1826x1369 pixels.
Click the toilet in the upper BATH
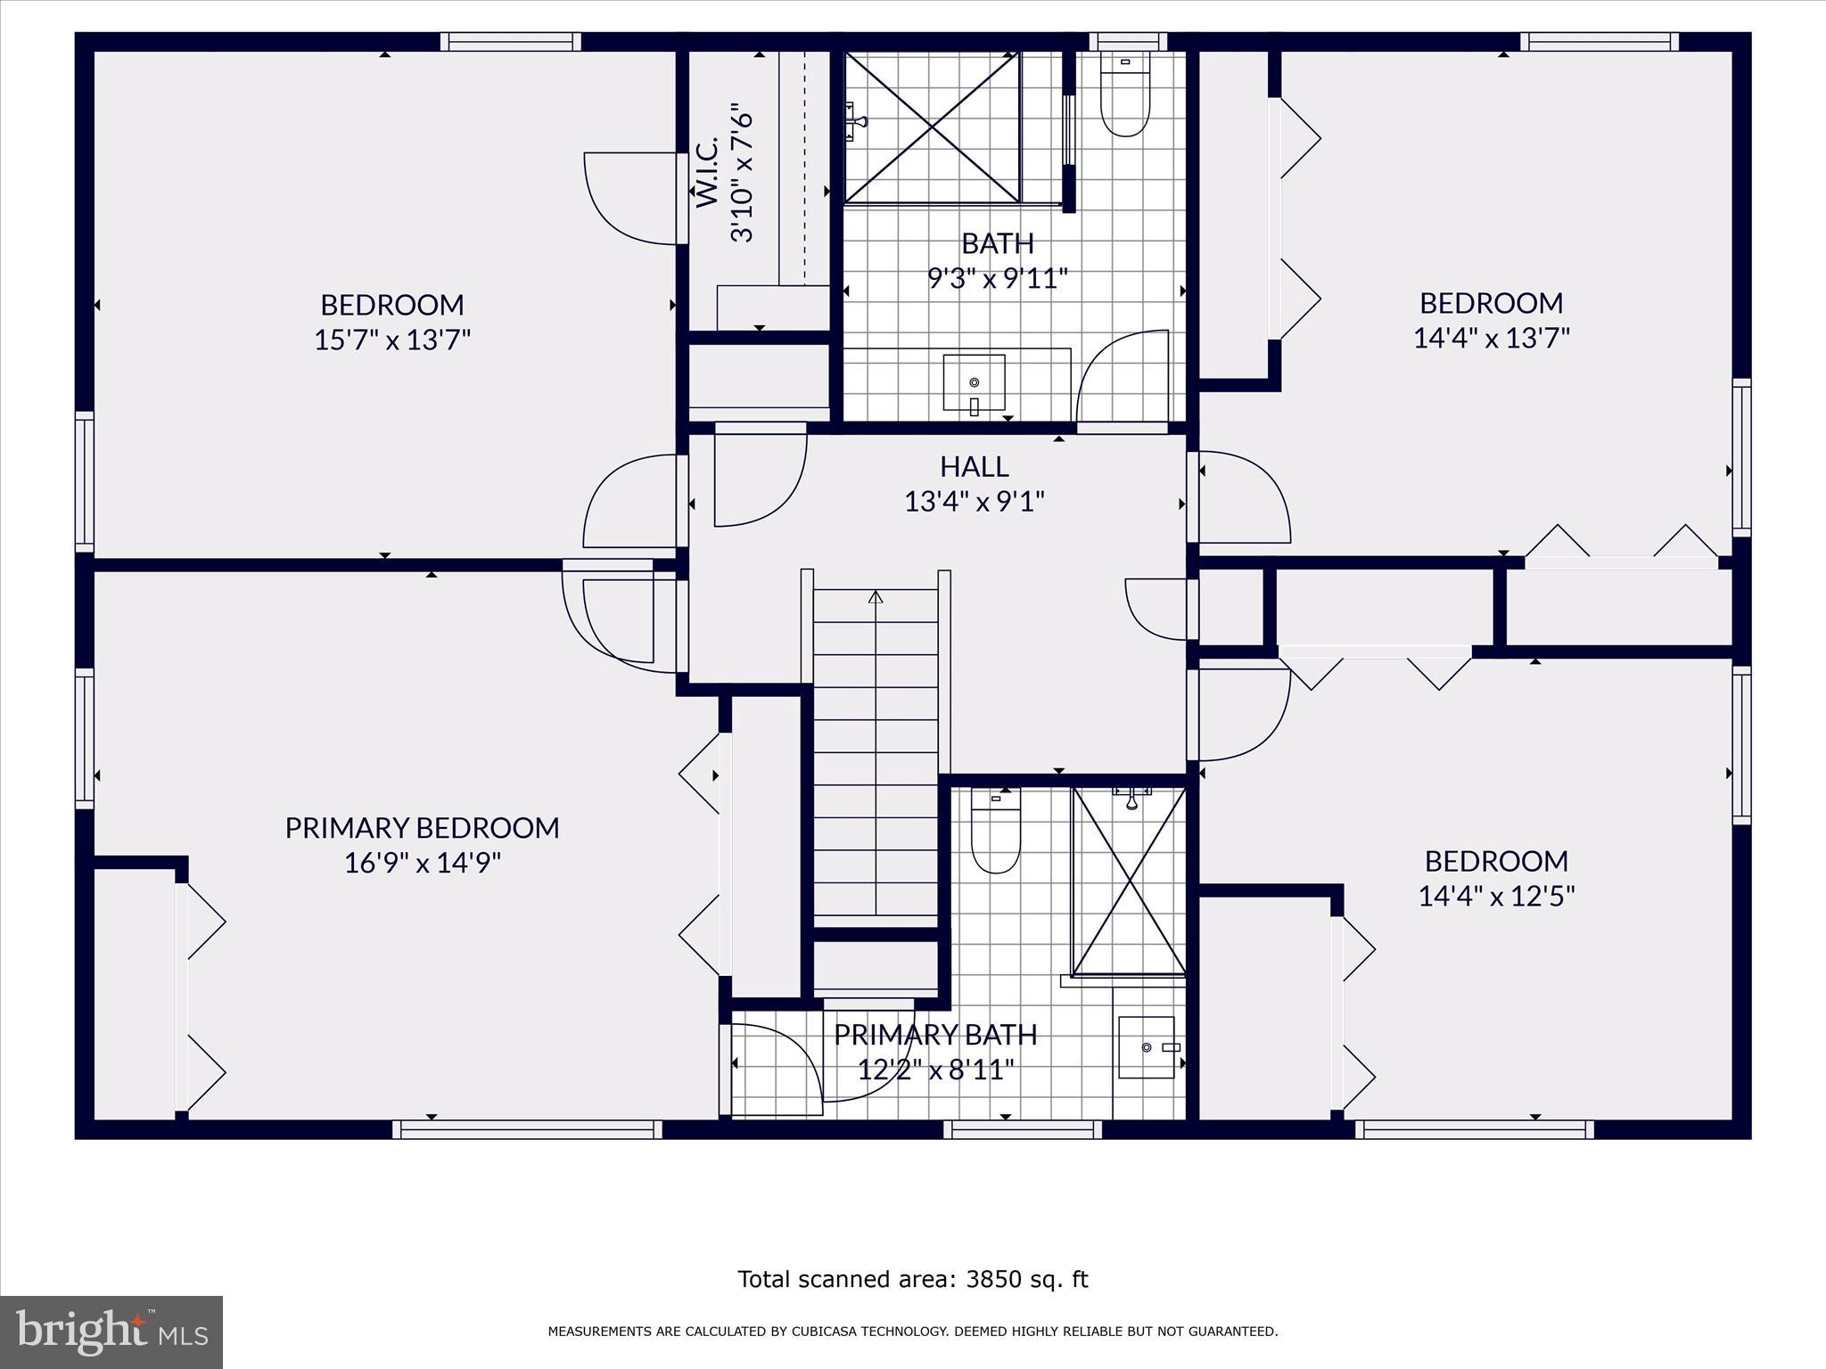[1124, 97]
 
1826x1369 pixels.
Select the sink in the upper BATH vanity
[974, 382]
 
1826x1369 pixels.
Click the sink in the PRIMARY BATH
[1147, 1047]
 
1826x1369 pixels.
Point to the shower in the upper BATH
[932, 127]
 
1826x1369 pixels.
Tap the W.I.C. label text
[707, 174]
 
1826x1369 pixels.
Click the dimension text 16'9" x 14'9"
[423, 863]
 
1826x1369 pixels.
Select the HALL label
[974, 466]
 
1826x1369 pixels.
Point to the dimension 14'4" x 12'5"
[1496, 896]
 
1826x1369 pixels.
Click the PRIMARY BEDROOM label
[422, 828]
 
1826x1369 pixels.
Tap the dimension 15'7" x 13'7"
[392, 340]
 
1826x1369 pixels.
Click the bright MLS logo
[111, 1332]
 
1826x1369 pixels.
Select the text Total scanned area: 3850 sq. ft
[912, 1280]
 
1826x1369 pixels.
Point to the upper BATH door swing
[1123, 374]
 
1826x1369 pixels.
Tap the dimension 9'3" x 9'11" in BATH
[997, 279]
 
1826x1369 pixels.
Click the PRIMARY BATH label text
[935, 1035]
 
